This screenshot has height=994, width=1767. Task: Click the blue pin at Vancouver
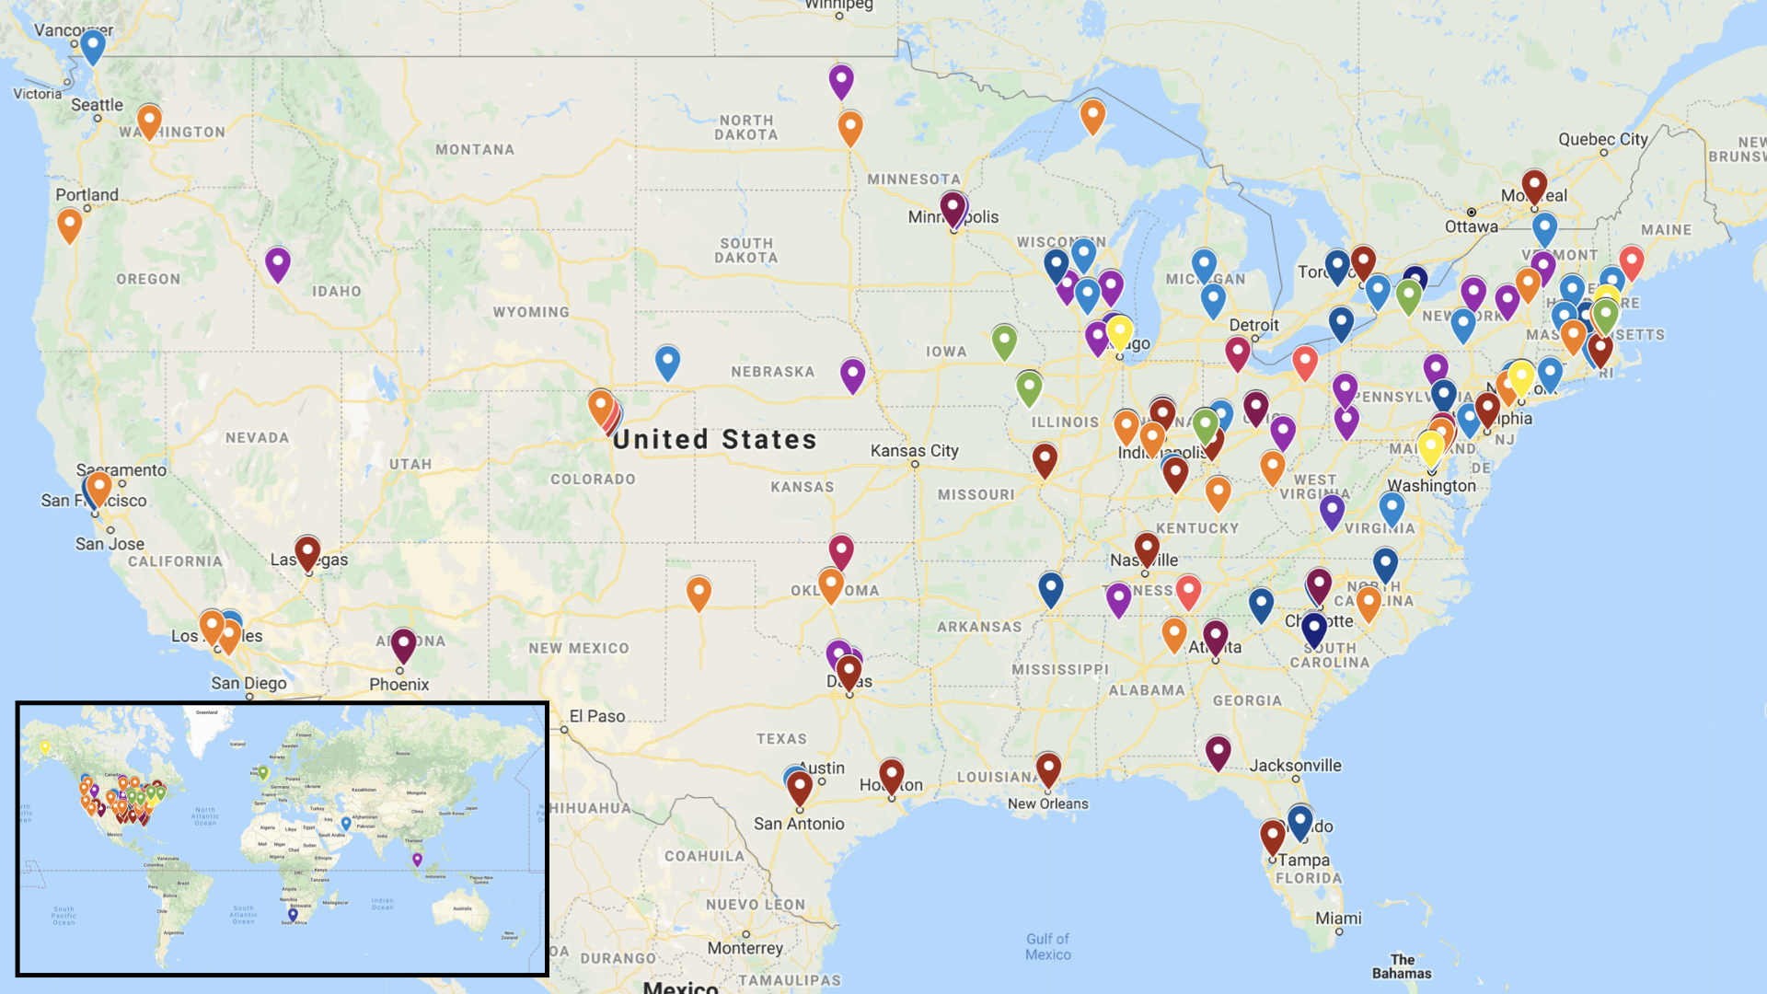click(93, 45)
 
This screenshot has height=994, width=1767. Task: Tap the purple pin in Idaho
click(278, 262)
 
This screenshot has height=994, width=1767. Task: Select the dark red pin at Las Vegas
click(307, 552)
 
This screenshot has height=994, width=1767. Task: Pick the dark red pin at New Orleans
click(1048, 769)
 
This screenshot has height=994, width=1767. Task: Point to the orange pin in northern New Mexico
click(699, 592)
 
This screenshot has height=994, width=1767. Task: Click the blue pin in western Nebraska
click(667, 361)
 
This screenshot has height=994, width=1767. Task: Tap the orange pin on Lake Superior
click(1092, 115)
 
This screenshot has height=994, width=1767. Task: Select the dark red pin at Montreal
click(1534, 185)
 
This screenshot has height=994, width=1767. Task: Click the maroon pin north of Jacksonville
click(1218, 751)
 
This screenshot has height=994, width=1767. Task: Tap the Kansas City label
click(915, 450)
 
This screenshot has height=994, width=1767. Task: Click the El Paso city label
click(597, 716)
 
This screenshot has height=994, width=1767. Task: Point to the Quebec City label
click(1602, 139)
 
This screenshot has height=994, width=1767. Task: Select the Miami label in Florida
click(1338, 918)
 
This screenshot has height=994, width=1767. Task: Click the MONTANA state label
click(475, 149)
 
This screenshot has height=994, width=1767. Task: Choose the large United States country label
click(715, 440)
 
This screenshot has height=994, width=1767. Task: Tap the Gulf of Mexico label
click(1048, 946)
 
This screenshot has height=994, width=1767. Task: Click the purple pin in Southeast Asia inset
click(417, 859)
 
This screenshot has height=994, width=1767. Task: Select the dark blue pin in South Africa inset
click(293, 914)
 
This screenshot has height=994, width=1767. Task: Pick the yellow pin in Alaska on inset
click(44, 747)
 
